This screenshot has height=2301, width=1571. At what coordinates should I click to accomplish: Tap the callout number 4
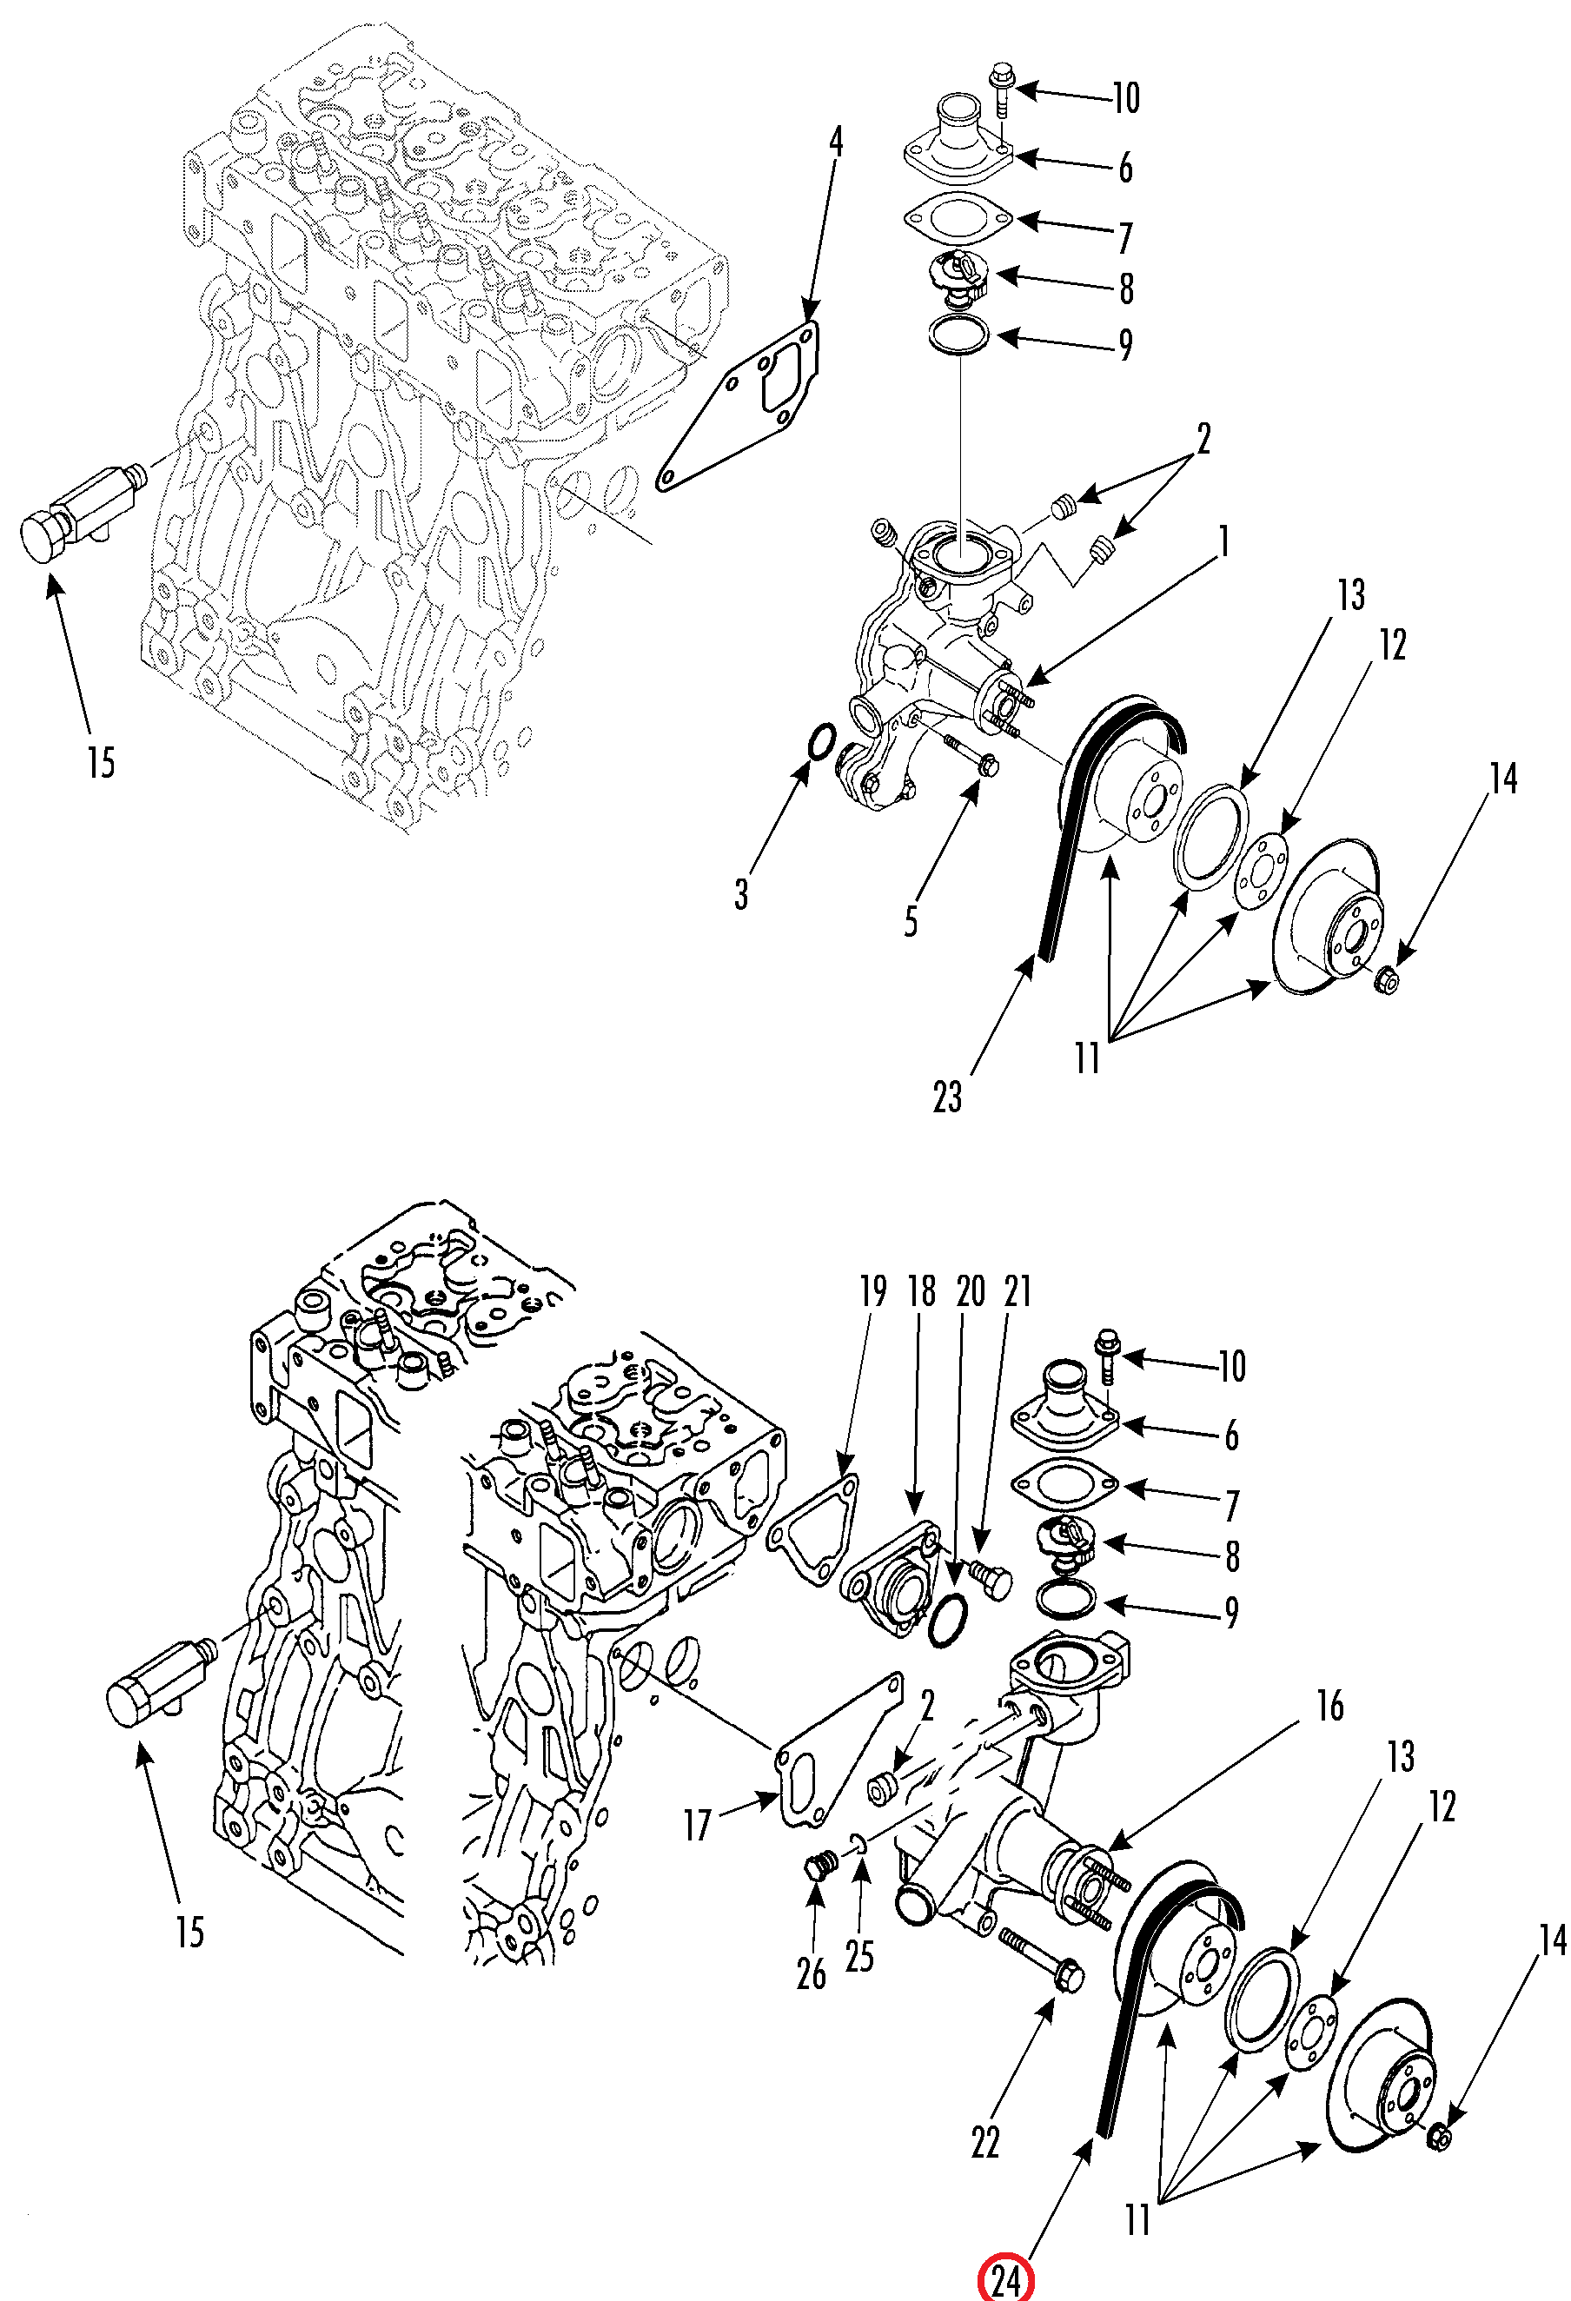click(837, 142)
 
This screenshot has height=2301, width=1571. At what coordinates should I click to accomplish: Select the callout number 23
click(947, 1096)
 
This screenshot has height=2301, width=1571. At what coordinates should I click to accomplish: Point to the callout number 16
click(1329, 1705)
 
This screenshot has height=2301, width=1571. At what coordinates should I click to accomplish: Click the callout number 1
click(1224, 541)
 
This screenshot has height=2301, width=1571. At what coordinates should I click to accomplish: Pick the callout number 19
click(873, 1291)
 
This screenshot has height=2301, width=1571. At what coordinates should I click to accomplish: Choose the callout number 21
click(1018, 1291)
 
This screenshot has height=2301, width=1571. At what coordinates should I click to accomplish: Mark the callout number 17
click(698, 1825)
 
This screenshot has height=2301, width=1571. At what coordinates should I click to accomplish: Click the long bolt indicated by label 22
click(1041, 1959)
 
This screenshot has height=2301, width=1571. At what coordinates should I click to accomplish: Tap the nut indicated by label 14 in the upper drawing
click(1387, 980)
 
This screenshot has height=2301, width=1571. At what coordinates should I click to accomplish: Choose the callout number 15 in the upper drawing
click(101, 762)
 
